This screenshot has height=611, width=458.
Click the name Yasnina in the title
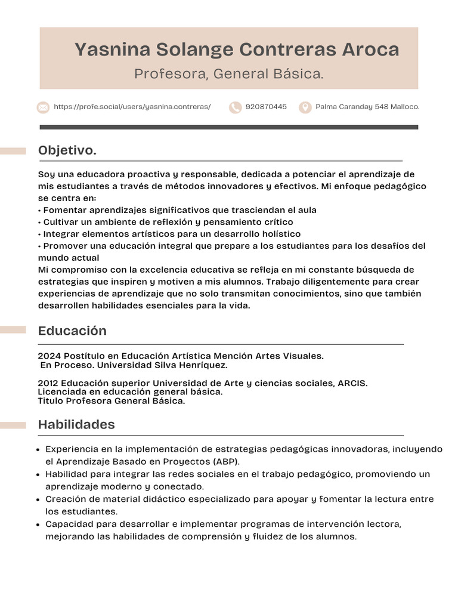click(x=112, y=50)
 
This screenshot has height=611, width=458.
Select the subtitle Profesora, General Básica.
click(x=229, y=74)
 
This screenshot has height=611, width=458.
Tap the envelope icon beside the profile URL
click(x=43, y=107)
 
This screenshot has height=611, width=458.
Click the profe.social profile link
click(x=132, y=107)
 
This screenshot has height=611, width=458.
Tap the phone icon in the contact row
click(x=236, y=107)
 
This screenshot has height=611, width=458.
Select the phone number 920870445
click(x=266, y=107)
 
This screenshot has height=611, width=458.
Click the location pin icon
click(x=305, y=107)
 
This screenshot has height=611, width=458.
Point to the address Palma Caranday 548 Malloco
click(x=367, y=107)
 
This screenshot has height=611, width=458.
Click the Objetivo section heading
click(x=67, y=151)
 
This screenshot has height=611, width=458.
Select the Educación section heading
click(x=72, y=331)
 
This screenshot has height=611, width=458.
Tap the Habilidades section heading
click(x=76, y=424)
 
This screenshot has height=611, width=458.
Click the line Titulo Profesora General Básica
click(x=112, y=401)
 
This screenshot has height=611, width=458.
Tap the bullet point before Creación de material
click(x=39, y=499)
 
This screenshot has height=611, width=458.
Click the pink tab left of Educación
click(x=13, y=330)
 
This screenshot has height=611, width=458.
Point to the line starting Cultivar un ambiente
click(x=166, y=222)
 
